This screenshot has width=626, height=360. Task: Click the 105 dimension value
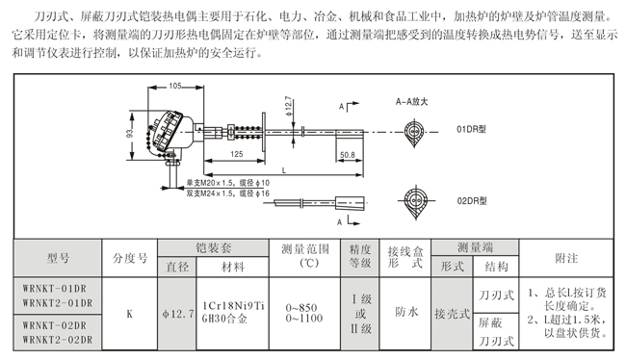coord(175,86)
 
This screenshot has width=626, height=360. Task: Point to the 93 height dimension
coord(130,133)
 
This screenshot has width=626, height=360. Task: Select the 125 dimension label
coord(236,154)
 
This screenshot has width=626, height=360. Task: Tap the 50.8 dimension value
coord(348,154)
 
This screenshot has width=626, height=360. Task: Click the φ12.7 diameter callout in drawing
coord(288,106)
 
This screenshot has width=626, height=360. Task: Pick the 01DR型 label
coord(471,129)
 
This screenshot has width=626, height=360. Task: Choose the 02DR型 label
coord(472,201)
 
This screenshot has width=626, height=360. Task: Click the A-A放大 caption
coord(411,102)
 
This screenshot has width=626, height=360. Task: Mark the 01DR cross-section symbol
coord(414,133)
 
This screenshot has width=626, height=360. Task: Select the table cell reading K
coord(130,314)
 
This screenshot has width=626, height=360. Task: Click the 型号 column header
coord(58,258)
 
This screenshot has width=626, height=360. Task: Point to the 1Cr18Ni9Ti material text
coord(233,306)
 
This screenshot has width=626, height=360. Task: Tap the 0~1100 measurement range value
coord(304,319)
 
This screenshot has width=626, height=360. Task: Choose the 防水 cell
coord(406,312)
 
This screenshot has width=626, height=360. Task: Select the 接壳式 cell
coord(452,314)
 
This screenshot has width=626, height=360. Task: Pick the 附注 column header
coord(566,258)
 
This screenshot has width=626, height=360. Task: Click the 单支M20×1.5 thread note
coord(210,183)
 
